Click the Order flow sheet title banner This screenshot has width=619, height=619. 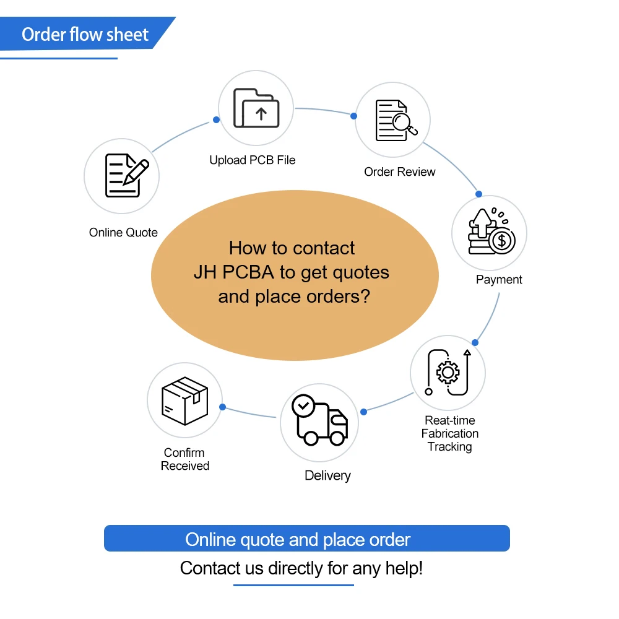point(85,33)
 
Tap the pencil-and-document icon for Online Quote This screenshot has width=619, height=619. point(126,176)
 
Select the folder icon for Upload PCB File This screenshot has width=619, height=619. point(256,108)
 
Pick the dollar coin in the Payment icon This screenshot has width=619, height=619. point(502,240)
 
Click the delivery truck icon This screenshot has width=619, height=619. point(320,422)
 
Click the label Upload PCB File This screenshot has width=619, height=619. point(252,160)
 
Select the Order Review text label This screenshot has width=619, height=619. point(399,172)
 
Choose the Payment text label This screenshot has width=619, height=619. point(499,280)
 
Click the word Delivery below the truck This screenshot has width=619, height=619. point(327,476)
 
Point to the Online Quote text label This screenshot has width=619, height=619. point(123,233)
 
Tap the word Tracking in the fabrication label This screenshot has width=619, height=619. point(449,447)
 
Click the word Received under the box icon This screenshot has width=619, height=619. point(185,466)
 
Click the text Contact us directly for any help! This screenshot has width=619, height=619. point(301,568)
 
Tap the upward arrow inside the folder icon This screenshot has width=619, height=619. point(261,114)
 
